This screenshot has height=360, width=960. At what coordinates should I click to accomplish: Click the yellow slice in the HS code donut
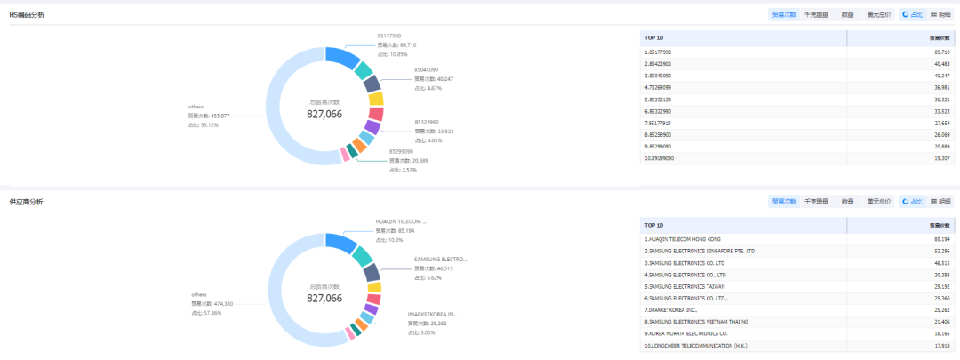pyautogui.click(x=375, y=99)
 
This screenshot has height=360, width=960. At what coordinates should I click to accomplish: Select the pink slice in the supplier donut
pyautogui.click(x=350, y=334)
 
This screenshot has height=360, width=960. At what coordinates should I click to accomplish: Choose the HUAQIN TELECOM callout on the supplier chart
pyautogui.click(x=401, y=221)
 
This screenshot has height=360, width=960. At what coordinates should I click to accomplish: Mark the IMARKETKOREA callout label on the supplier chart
pyautogui.click(x=432, y=314)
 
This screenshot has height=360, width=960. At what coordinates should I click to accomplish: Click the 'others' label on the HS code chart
pyautogui.click(x=196, y=107)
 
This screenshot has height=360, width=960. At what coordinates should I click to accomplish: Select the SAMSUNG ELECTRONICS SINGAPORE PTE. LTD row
pyautogui.click(x=700, y=251)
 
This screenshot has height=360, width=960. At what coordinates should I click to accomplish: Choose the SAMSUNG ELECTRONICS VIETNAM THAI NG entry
pyautogui.click(x=698, y=322)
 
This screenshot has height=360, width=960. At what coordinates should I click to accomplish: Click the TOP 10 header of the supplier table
pyautogui.click(x=654, y=226)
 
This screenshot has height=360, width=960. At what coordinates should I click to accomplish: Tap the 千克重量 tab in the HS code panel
pyautogui.click(x=816, y=15)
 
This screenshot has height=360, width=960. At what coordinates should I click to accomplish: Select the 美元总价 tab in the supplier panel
pyautogui.click(x=879, y=202)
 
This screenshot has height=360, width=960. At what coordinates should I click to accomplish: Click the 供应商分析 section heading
pyautogui.click(x=27, y=202)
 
